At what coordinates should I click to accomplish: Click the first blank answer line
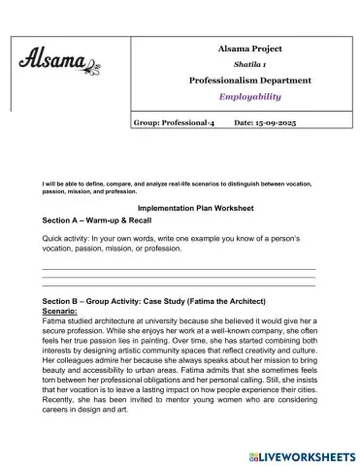click(x=180, y=267)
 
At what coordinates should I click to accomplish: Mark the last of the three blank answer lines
click(x=180, y=286)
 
